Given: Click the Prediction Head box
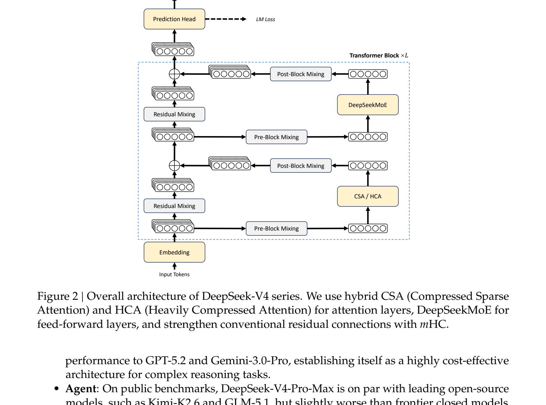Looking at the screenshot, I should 174,19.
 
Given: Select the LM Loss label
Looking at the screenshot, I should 265,19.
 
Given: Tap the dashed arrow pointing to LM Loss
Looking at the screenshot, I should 225,19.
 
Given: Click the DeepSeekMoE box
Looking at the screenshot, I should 367,105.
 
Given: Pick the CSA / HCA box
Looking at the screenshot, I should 367,196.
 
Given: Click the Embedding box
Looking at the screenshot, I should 174,252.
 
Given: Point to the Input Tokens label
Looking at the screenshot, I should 174,274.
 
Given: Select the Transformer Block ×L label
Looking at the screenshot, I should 379,55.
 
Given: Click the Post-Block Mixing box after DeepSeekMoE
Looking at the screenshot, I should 301,74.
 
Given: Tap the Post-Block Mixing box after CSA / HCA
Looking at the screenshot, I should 301,166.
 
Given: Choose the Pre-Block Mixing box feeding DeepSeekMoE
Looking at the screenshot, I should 276,137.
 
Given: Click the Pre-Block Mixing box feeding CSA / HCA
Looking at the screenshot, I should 276,228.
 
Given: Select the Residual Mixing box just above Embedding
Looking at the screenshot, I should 174,206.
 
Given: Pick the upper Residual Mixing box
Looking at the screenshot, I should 174,114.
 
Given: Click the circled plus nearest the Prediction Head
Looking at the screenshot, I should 174,74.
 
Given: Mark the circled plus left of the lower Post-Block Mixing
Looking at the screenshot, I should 174,166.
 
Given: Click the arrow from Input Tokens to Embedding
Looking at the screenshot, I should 174,266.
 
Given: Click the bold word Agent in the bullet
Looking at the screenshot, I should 80,389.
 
